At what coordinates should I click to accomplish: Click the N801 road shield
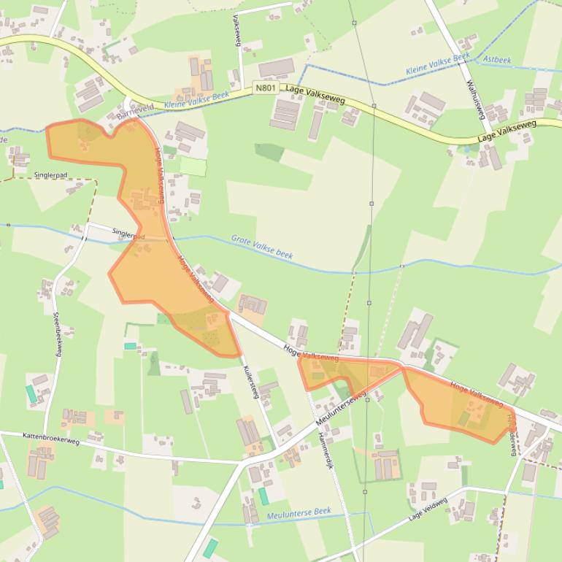[265, 88]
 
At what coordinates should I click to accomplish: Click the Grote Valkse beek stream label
[262, 247]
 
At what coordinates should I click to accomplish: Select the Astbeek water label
[497, 60]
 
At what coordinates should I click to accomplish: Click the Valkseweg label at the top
[236, 30]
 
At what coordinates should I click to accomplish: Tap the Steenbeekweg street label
[56, 334]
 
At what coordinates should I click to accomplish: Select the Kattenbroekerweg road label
[50, 438]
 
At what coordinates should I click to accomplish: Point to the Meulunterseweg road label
[342, 412]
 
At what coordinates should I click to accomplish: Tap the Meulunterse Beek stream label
[299, 513]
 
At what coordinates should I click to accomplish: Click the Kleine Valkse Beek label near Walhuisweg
[438, 64]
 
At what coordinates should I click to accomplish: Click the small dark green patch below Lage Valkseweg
[269, 152]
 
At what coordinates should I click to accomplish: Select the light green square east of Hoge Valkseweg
[193, 166]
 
